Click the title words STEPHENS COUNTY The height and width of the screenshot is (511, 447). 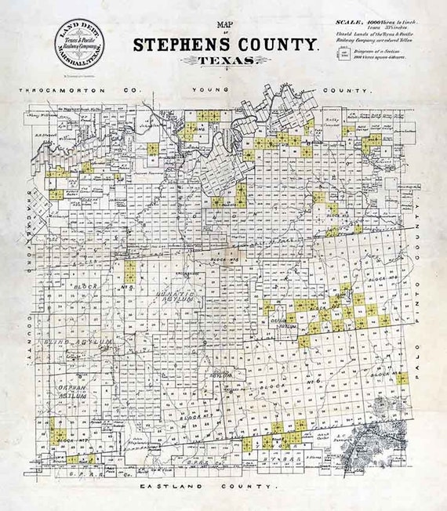pos(225,45)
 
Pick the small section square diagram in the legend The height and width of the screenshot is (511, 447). pos(343,53)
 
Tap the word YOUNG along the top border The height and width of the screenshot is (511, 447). pos(209,91)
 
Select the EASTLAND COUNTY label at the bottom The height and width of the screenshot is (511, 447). pos(209,487)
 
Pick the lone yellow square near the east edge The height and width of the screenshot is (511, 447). pos(402,379)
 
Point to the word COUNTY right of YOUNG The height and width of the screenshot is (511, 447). pos(346,91)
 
